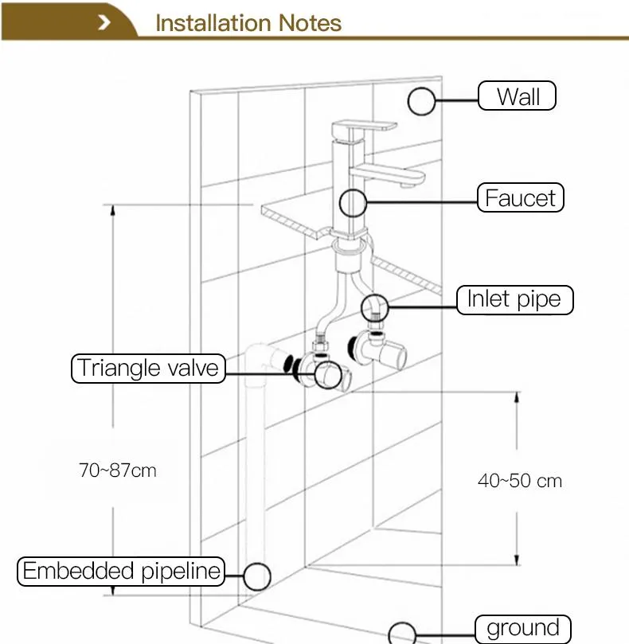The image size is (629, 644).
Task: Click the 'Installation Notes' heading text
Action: point(248,22)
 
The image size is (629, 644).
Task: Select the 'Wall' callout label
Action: point(518,97)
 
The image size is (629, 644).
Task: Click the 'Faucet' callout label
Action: point(521,197)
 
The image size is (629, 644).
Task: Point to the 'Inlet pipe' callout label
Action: point(514,299)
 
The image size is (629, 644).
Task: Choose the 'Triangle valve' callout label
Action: point(148,368)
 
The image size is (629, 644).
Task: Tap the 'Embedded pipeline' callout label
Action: point(121,571)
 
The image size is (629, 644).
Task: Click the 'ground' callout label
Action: point(523,628)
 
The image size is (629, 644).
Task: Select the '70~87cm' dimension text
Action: point(118,470)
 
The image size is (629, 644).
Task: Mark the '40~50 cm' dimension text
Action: point(520,481)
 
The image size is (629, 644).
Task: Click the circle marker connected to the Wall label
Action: point(422,101)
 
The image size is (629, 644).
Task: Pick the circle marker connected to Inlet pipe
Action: point(375,306)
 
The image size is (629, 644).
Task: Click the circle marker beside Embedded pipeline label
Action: point(256,576)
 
